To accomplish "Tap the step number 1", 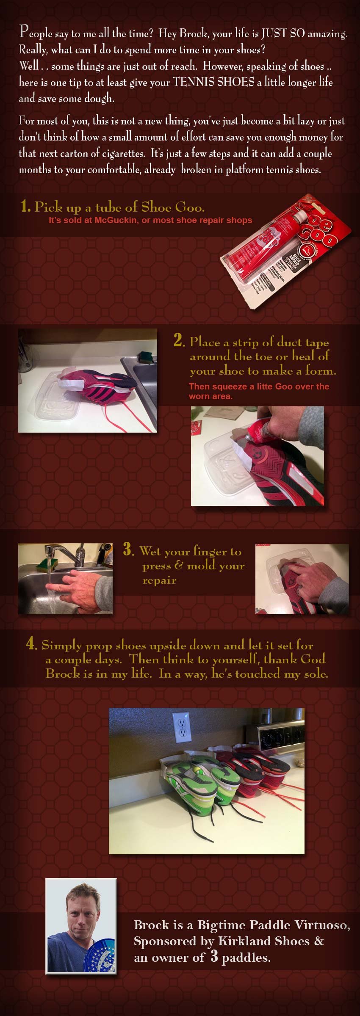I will point(25,207).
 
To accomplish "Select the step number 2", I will point(179,341).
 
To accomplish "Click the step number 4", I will point(31,644).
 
